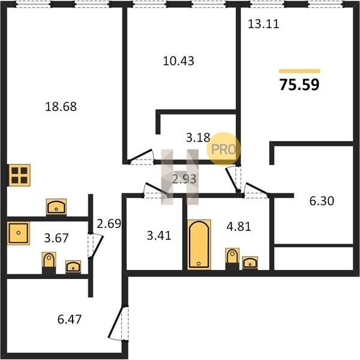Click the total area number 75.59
pyautogui.click(x=299, y=85)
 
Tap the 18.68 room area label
pyautogui.click(x=61, y=107)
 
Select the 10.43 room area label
pyautogui.click(x=178, y=61)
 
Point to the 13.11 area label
pyautogui.click(x=263, y=24)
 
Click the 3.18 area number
pyautogui.click(x=198, y=137)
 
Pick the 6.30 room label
pyautogui.click(x=322, y=201)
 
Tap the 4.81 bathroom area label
pyautogui.click(x=239, y=227)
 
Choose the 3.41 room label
pyautogui.click(x=159, y=236)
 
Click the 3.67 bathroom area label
pyautogui.click(x=56, y=238)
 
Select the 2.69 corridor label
pyautogui.click(x=109, y=224)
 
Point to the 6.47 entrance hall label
pyautogui.click(x=70, y=319)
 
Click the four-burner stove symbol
pyautogui.click(x=19, y=175)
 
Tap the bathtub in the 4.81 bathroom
pyautogui.click(x=199, y=245)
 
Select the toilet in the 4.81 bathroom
pyautogui.click(x=232, y=257)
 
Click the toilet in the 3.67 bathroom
pyautogui.click(x=49, y=262)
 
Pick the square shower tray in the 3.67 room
pyautogui.click(x=19, y=233)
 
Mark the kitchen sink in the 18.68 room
pyautogui.click(x=56, y=207)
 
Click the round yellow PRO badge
pyautogui.click(x=223, y=149)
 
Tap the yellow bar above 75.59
pyautogui.click(x=299, y=71)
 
